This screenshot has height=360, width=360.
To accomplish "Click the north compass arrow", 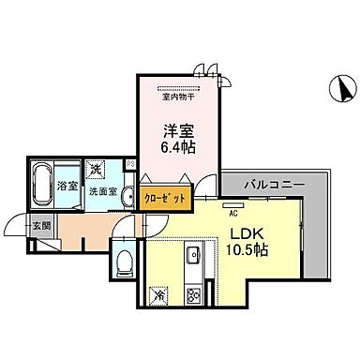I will (344, 91).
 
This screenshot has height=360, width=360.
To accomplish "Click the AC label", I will (232, 213).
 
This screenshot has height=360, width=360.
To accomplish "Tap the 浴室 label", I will (67, 185).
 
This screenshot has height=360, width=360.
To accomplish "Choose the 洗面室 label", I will (103, 190).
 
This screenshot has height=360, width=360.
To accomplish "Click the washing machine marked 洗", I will (97, 170).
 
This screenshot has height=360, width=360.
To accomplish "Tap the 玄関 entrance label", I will (43, 224).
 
